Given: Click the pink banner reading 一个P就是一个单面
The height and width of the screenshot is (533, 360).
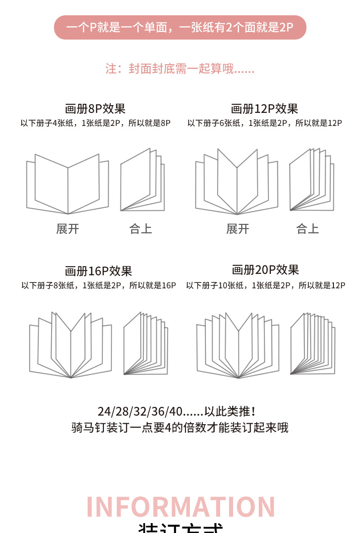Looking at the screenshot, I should coord(180,27).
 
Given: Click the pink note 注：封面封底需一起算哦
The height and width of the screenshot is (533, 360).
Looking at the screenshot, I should coord(180,69).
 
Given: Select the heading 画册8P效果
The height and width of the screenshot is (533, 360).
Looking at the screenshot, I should coord(95,108).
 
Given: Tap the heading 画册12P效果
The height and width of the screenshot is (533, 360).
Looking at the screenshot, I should coord(264,108).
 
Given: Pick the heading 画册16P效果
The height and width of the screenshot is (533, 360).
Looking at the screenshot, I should coord(98,271).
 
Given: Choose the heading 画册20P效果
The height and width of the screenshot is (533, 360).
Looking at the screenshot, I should coord(265,270).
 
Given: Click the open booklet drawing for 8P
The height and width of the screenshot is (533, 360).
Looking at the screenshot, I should coord(67,184).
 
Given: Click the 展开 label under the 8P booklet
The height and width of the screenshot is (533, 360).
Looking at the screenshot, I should coord(67,229).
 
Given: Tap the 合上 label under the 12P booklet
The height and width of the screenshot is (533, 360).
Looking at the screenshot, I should coord(307,229).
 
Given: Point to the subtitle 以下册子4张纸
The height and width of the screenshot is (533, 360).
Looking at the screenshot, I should coord(95,123).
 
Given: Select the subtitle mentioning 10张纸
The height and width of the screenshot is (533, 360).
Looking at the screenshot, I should coord(265,285).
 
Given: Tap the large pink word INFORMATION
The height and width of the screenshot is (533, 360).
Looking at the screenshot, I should coord(180,507).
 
